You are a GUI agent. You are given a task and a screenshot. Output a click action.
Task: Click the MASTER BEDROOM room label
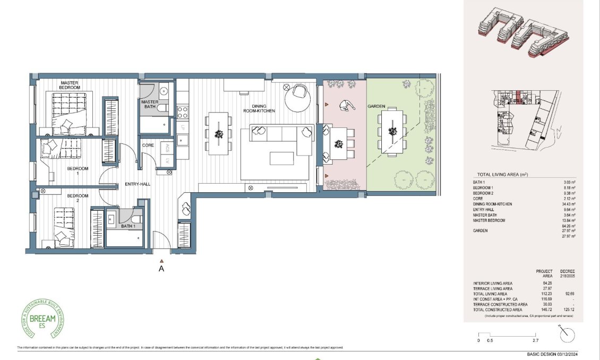point(70,85)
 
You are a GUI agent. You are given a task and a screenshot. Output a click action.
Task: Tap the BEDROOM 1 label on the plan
point(78,171)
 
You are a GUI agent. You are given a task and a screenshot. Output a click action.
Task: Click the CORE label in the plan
point(148,145)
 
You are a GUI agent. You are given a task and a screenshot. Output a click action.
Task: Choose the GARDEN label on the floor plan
point(376,106)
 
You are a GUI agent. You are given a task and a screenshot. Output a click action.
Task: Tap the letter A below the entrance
point(162,269)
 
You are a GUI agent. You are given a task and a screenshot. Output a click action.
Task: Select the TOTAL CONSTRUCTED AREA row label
point(500,310)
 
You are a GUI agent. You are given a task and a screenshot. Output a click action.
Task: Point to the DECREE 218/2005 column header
point(567,273)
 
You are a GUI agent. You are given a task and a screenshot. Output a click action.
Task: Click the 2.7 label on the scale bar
point(535,340)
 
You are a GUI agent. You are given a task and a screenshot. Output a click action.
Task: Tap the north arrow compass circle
point(567,335)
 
